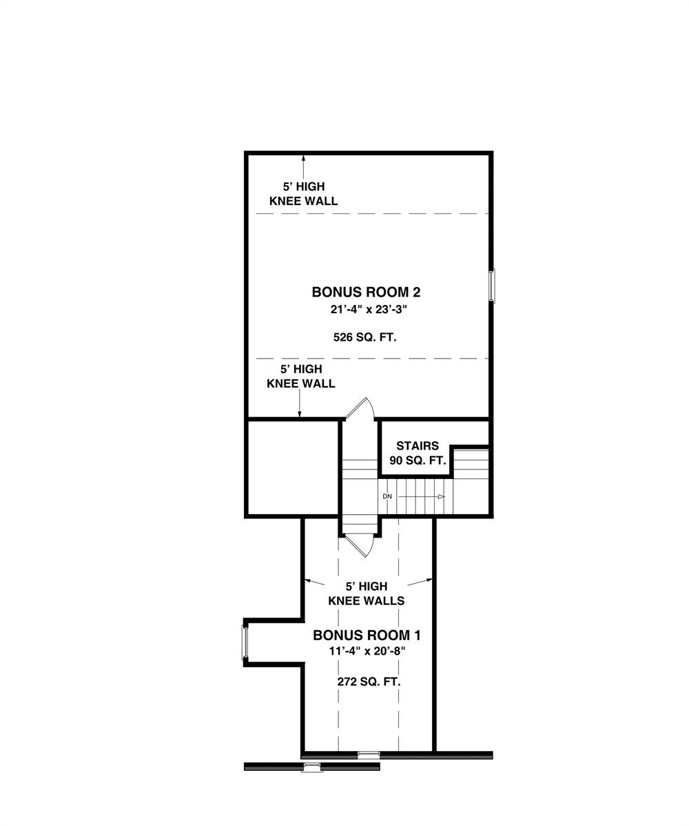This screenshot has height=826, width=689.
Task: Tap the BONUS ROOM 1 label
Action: [367, 635]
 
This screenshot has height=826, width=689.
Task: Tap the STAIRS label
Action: [418, 446]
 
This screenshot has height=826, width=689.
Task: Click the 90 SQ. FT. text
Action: [418, 460]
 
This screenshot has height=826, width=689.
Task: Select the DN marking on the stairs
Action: [387, 496]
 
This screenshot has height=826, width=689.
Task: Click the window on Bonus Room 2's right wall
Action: [492, 285]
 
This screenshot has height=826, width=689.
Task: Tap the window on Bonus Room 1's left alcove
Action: [244, 643]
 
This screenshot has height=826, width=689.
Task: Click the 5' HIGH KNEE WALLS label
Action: [366, 593]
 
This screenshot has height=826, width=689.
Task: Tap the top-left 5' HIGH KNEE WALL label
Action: [303, 193]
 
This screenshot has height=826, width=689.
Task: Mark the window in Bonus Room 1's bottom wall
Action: [369, 754]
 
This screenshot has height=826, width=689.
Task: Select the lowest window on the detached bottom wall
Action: [313, 767]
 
